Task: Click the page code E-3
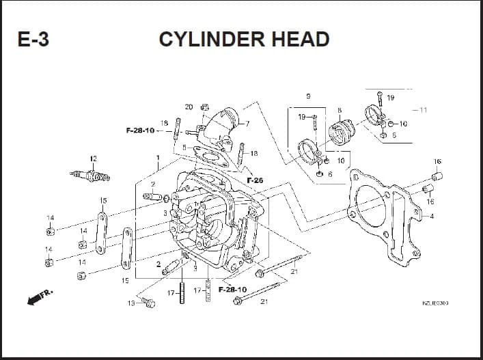pyautogui.click(x=33, y=40)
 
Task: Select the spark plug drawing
pyautogui.click(x=89, y=176)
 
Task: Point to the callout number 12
pyautogui.click(x=94, y=159)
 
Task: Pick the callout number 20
pyautogui.click(x=189, y=107)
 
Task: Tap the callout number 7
pyautogui.click(x=247, y=124)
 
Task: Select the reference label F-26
pyautogui.click(x=255, y=180)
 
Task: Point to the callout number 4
pyautogui.click(x=431, y=217)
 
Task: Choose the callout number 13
pyautogui.click(x=130, y=303)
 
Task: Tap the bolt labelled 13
pyautogui.click(x=147, y=302)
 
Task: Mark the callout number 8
pyautogui.click(x=339, y=109)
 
